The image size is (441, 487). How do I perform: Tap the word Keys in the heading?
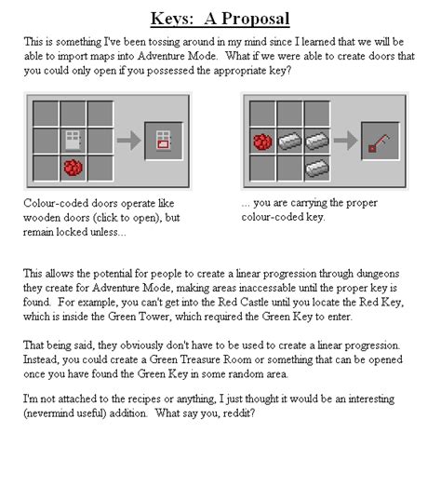point(173,18)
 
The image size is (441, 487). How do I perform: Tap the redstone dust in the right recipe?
point(262,142)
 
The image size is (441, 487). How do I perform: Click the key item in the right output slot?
point(379,142)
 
